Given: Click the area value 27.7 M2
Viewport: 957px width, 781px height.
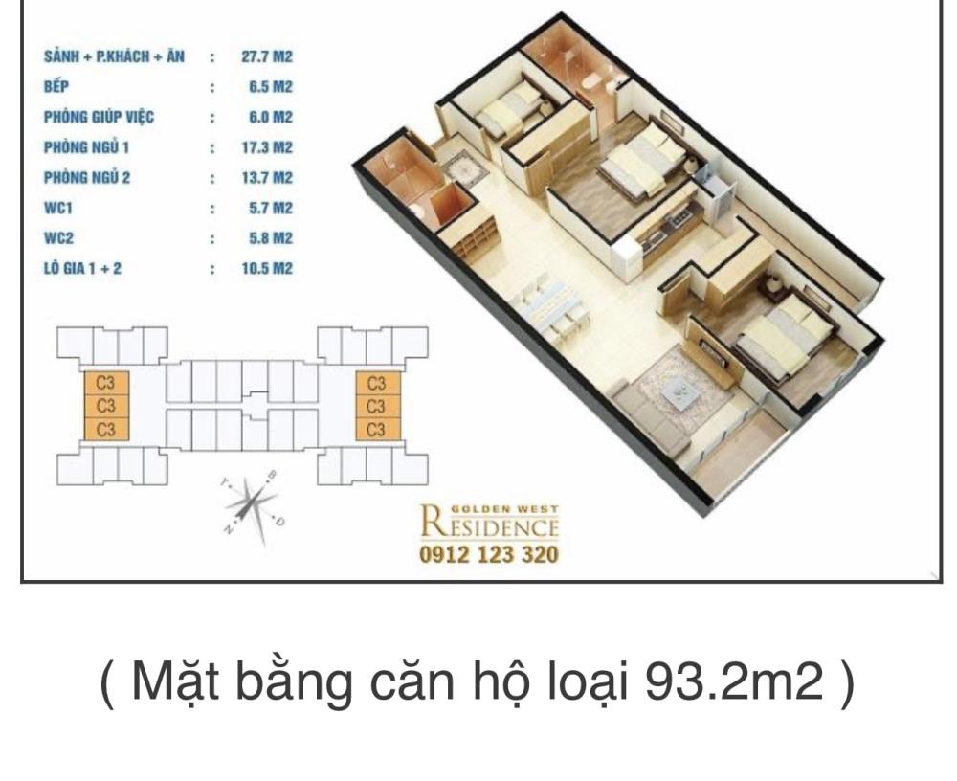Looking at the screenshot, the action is coord(267,56).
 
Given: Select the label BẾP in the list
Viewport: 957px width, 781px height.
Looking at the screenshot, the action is coord(56,86).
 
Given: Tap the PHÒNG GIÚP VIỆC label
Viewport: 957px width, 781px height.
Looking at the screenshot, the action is coord(99,117).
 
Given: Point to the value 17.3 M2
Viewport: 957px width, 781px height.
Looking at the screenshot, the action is coord(267,147).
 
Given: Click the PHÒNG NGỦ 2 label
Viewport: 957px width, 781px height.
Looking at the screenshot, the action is coord(87,178).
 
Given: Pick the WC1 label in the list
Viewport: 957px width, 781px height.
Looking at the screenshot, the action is coord(58,209).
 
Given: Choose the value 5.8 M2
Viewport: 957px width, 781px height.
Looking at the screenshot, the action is coord(271,238).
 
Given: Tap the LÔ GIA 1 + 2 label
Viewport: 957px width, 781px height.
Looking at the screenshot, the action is coord(82,268).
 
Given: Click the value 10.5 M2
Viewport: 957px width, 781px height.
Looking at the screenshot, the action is coord(267,268).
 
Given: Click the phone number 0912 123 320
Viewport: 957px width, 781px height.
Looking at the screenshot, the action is coord(489,554).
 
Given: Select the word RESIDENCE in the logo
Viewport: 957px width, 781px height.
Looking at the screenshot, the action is coord(489,525).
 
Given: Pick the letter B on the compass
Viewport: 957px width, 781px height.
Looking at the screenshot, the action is coord(273,475).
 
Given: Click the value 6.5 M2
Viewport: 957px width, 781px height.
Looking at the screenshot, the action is coord(271,87).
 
